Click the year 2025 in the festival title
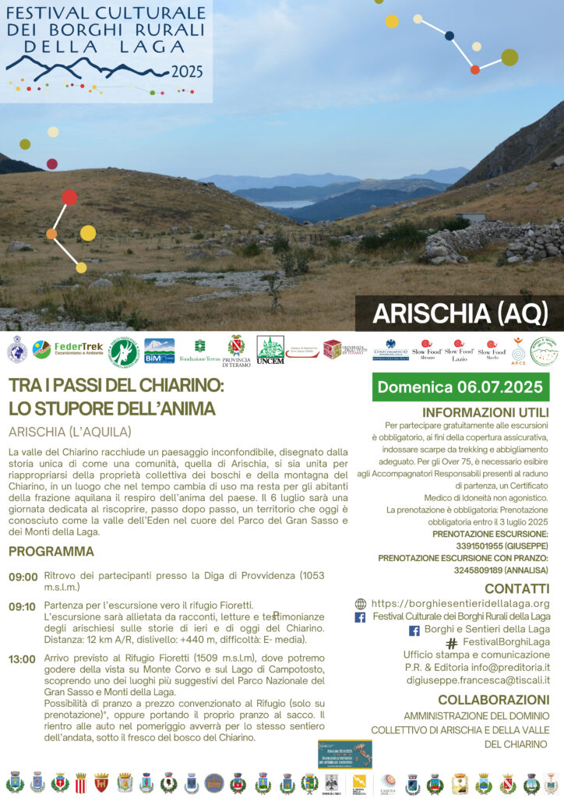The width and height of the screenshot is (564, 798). (187, 72)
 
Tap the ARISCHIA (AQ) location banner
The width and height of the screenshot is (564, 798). (459, 313)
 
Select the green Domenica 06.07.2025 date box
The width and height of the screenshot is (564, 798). (460, 387)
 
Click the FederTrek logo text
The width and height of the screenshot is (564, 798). (79, 347)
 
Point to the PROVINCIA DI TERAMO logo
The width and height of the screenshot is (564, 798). (236, 351)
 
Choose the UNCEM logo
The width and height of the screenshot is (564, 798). (270, 351)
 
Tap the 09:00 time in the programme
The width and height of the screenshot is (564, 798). (23, 577)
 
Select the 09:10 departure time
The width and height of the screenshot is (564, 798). (23, 606)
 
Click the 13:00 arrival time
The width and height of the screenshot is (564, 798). (23, 659)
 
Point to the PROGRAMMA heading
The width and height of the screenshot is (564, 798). (51, 552)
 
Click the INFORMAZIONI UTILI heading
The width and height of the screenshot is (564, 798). (485, 412)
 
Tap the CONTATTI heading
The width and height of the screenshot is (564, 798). (516, 588)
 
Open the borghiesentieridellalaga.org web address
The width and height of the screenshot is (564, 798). (460, 603)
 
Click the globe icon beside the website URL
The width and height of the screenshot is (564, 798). (360, 603)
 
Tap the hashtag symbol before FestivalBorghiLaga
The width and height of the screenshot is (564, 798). (451, 644)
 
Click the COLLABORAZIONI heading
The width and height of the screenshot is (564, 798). (493, 699)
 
